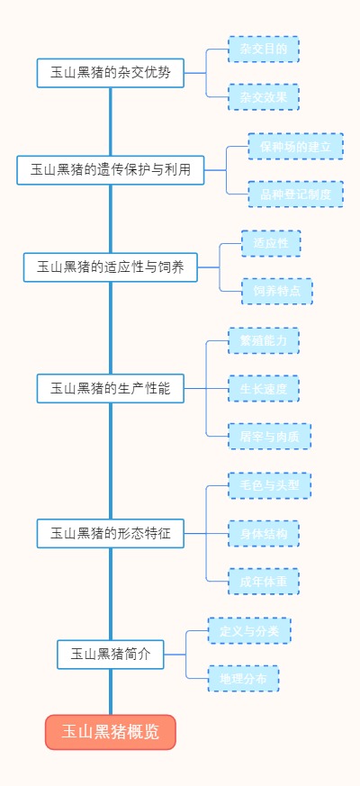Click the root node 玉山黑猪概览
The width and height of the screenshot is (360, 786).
click(x=111, y=732)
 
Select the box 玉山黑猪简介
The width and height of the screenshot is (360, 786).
click(x=111, y=655)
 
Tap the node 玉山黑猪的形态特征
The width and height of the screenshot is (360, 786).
click(x=111, y=533)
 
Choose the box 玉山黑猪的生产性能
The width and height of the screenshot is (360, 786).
click(x=111, y=388)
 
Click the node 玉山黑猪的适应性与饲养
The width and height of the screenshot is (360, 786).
click(x=110, y=267)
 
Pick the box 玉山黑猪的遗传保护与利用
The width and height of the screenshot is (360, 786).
click(x=110, y=169)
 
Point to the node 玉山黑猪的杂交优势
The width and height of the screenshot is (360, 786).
click(x=111, y=73)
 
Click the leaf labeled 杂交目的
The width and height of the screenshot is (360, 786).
click(x=263, y=49)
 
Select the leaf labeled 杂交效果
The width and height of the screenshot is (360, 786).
click(x=263, y=97)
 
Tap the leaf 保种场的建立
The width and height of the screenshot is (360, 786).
click(x=295, y=146)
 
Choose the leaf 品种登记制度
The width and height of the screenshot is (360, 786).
click(x=295, y=194)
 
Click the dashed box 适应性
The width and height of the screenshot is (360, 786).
click(x=270, y=243)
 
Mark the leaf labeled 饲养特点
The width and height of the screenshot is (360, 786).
click(x=276, y=291)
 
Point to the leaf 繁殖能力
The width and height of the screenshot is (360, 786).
click(x=263, y=340)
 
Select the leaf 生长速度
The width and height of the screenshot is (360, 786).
click(x=263, y=388)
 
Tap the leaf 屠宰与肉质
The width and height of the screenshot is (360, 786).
click(x=269, y=437)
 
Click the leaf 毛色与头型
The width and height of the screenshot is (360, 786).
click(x=269, y=485)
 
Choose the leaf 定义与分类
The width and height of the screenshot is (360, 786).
click(x=249, y=630)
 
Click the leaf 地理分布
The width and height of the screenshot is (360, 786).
click(x=243, y=679)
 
